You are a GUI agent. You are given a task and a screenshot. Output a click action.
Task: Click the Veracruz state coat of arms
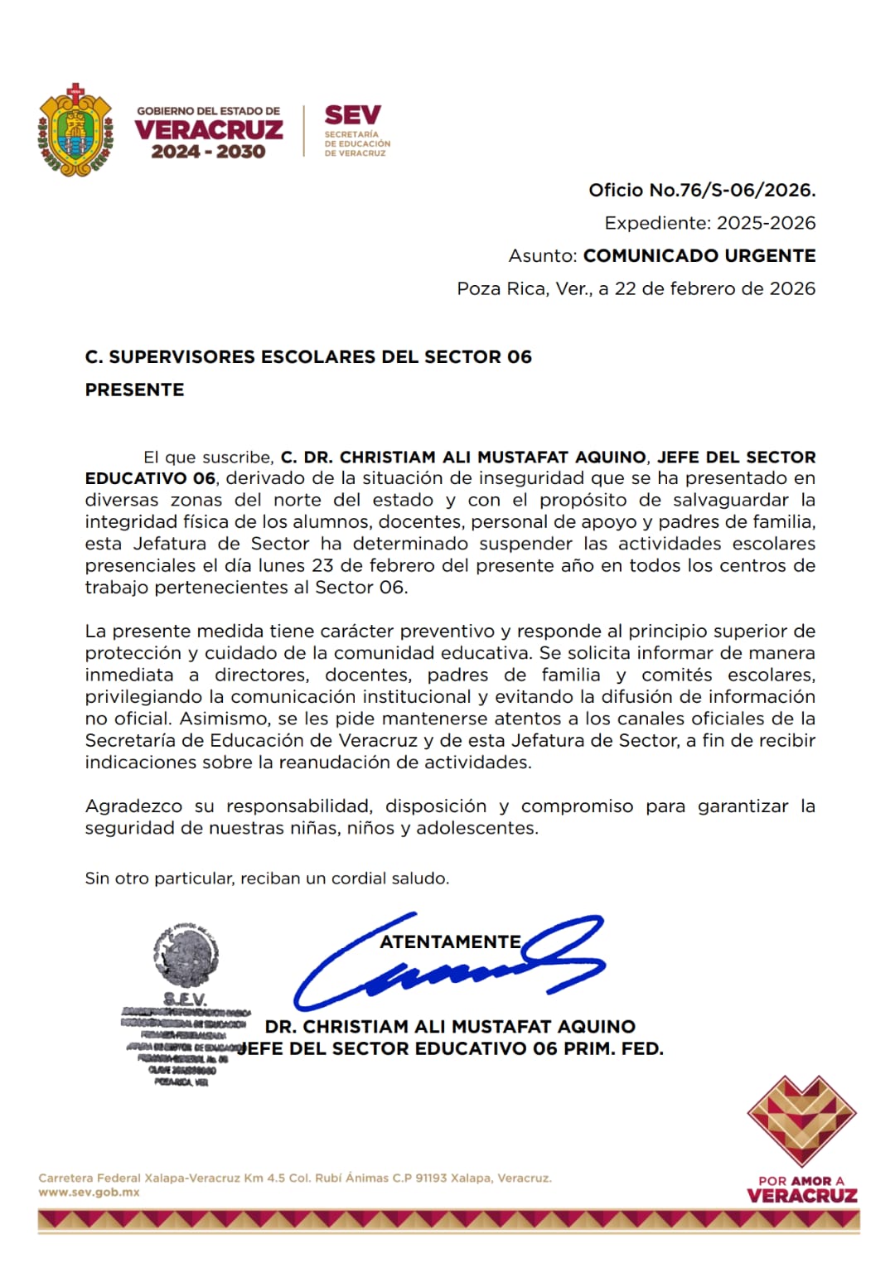pos(75,130)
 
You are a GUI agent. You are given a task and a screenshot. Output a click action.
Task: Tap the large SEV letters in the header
pos(352,115)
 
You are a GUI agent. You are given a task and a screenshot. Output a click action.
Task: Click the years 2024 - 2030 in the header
pos(208,152)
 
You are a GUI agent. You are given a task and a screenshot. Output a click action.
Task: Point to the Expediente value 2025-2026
pos(766,223)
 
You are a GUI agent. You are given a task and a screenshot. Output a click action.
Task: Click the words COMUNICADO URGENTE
pos(699,255)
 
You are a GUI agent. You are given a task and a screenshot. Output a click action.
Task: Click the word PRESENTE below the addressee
pos(134,390)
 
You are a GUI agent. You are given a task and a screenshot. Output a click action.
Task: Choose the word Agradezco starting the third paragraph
pos(134,806)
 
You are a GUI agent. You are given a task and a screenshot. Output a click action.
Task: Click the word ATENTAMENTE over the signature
pos(450,941)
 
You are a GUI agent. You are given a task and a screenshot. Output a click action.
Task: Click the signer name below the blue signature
pos(450,1026)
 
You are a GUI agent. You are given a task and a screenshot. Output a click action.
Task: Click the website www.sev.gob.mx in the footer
pos(89,1193)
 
